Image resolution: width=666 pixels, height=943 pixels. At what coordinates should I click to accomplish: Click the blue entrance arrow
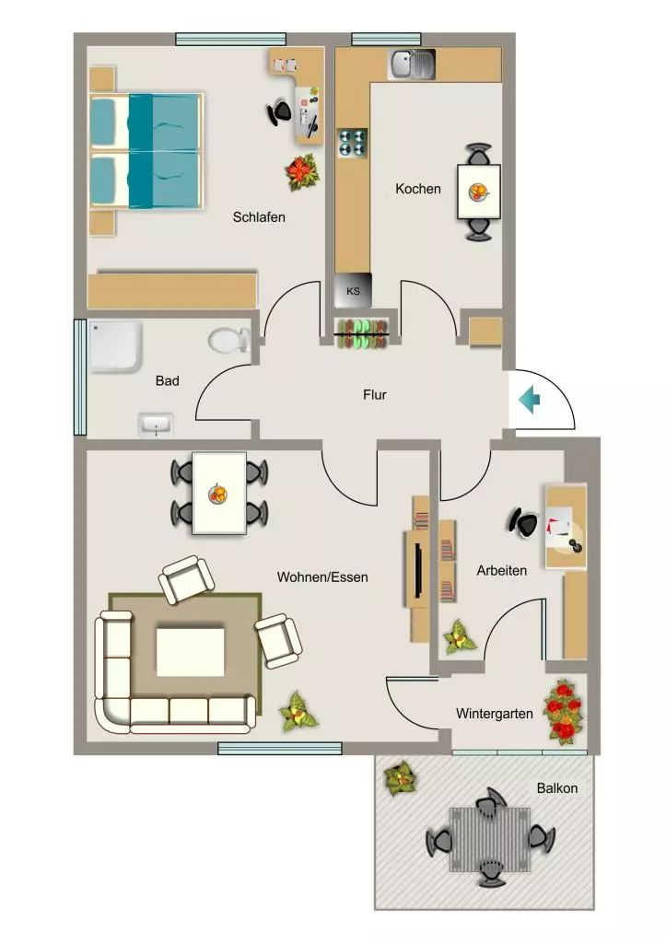coord(530,400)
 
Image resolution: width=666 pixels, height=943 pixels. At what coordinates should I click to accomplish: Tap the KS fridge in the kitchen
coord(353,291)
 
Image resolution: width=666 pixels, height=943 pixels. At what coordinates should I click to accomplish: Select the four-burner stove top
coord(353,143)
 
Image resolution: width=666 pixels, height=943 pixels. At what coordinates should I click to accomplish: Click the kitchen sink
coord(413,64)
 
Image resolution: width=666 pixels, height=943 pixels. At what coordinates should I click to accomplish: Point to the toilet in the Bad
coord(229,341)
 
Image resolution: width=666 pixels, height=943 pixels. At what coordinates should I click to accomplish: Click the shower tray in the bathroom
coord(115,346)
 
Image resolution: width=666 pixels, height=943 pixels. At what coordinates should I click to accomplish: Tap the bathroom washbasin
coord(156,425)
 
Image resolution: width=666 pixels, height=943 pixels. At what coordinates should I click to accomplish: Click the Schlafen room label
coord(259,217)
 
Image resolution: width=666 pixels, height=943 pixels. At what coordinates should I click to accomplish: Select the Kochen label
coord(418,189)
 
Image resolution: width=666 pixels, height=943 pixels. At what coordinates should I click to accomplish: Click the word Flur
coord(374,395)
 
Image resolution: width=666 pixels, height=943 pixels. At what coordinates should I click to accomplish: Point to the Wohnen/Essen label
coord(322,577)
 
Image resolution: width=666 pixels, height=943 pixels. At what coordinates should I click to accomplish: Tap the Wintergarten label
coord(494,714)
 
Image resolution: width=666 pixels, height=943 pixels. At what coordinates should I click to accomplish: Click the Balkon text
coord(557,788)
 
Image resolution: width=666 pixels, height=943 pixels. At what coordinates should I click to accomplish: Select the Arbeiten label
coord(502,571)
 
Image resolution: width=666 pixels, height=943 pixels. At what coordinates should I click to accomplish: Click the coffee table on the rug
coord(190,652)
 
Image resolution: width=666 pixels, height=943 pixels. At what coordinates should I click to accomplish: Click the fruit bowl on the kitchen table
coord(479,192)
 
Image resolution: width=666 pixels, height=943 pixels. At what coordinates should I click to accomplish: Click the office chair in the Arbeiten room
coord(523,523)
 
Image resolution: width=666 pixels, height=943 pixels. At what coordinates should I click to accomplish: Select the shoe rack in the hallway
coord(362,333)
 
